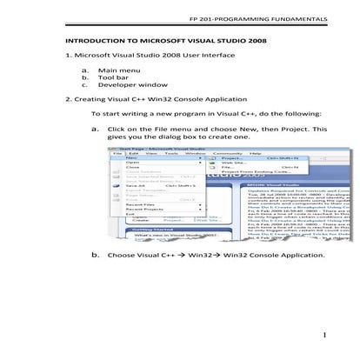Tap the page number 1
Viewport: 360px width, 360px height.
coord(322,336)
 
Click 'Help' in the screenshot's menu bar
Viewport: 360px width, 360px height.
coord(253,152)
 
